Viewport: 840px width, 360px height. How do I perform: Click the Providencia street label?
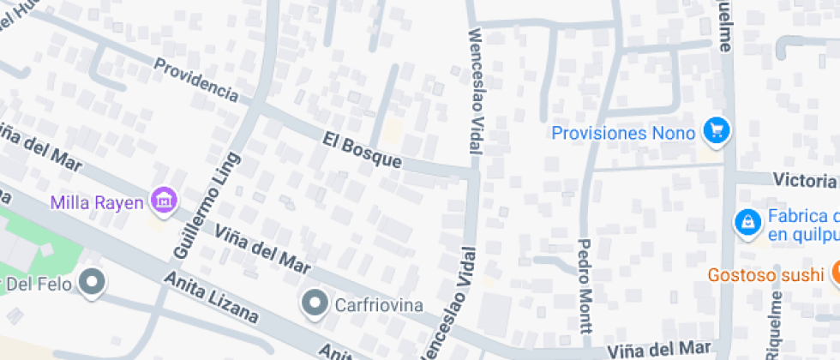click(x=195, y=79)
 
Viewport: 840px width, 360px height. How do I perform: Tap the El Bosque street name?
click(x=362, y=149)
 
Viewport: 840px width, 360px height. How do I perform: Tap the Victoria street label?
click(x=804, y=181)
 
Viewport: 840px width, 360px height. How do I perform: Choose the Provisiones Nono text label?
click(x=625, y=133)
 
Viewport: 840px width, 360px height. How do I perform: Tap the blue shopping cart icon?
click(x=716, y=131)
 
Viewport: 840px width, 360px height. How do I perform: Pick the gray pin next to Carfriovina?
click(x=316, y=302)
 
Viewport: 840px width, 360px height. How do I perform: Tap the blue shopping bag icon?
click(x=747, y=223)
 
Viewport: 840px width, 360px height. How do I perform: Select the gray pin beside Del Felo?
click(x=92, y=280)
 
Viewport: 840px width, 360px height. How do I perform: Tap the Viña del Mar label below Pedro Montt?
click(x=659, y=349)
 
